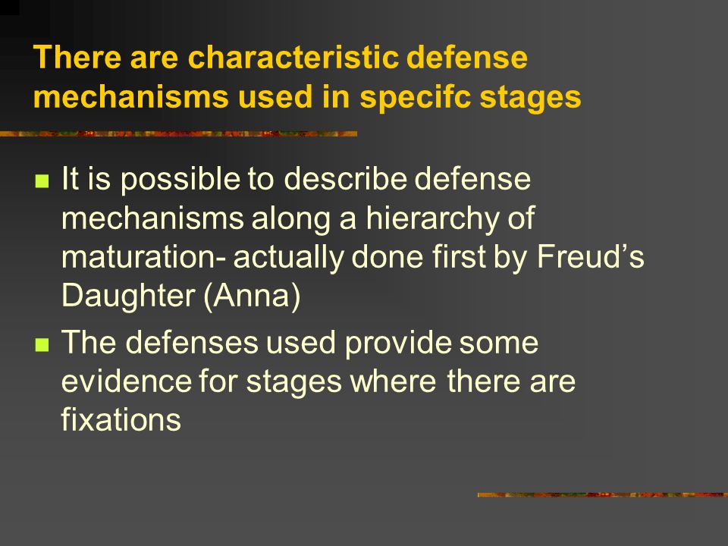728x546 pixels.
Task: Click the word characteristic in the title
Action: [293, 58]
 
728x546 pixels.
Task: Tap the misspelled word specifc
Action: [416, 98]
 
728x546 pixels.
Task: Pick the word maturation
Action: [138, 257]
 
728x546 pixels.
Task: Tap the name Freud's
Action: [591, 256]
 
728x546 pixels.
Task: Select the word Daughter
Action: [128, 297]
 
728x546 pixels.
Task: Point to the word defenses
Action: [192, 343]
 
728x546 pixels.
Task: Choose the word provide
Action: [398, 344]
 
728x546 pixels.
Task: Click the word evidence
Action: [127, 381]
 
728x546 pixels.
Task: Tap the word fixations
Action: [121, 419]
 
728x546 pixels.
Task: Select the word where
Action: [393, 381]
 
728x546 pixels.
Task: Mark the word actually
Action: [288, 258]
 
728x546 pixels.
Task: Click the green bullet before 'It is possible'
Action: [42, 180]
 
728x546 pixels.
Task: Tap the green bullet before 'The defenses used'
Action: [42, 344]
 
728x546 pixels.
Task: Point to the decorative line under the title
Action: [179, 133]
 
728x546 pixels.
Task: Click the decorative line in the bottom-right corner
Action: [603, 495]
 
